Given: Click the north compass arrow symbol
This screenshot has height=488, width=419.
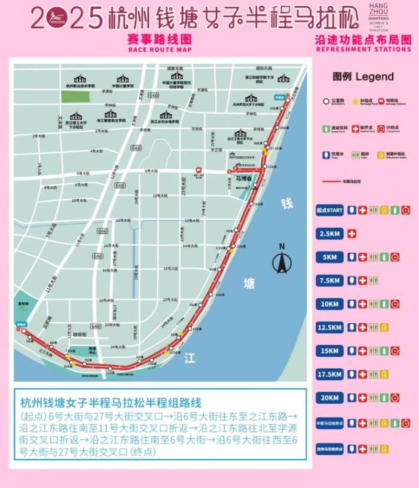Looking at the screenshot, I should point(281,262).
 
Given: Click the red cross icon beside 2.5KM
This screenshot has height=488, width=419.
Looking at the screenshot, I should point(351,233).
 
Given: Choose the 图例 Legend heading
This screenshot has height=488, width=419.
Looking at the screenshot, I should point(363,77).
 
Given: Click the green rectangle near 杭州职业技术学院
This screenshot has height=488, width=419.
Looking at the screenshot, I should point(75,96).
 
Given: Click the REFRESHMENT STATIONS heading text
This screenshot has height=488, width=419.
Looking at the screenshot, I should point(363,50).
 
